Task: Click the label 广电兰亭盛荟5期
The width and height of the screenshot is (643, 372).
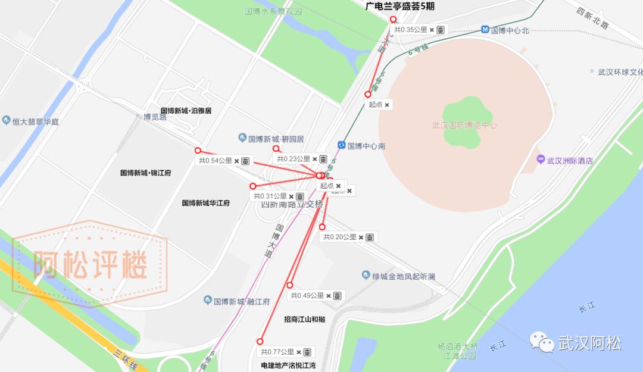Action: coord(404,7)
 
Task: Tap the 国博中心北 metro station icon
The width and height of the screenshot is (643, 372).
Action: coord(485,30)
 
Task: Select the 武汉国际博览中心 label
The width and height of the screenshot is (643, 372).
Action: coord(464,125)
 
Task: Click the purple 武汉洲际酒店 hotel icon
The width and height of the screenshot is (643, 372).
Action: coord(541,160)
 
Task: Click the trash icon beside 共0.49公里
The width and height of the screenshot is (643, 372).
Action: coord(337,296)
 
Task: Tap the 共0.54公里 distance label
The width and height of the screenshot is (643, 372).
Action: coord(216,161)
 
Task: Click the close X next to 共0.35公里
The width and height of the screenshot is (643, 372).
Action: coord(432,30)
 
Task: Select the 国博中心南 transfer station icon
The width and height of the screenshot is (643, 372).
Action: coord(341,145)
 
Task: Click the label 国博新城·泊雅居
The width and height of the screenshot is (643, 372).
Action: coord(186,111)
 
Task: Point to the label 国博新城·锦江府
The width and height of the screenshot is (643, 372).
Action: coord(146,173)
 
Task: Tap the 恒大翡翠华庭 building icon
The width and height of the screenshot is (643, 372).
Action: coord(6,121)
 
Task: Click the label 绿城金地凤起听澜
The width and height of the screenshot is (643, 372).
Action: coord(404,276)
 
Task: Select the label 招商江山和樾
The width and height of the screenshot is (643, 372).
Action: coord(304,320)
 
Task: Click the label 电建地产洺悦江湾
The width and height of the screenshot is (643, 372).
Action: coord(288,365)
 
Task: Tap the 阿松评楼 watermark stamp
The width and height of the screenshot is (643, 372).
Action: coord(90,263)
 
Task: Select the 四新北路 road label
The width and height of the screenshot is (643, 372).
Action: coord(592,18)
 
